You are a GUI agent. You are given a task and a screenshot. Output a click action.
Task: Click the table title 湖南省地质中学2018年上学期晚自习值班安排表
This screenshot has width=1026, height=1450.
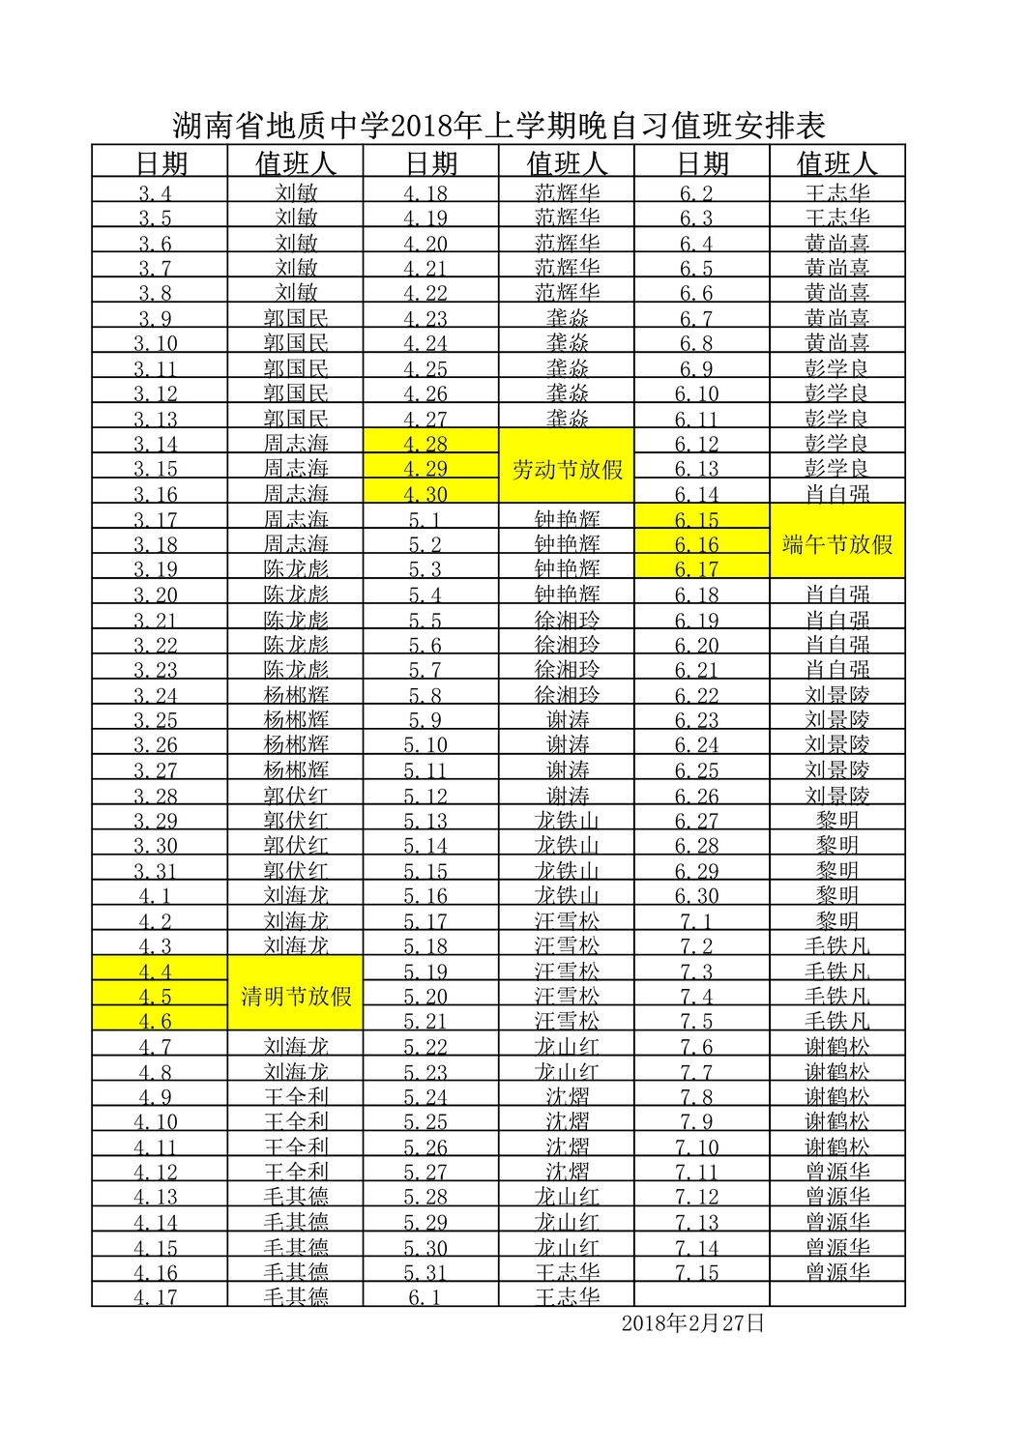499,126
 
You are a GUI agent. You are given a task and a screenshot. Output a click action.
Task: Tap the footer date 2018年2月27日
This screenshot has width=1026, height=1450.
692,1323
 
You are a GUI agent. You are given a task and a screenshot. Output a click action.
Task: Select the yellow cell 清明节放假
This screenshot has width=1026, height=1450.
296,996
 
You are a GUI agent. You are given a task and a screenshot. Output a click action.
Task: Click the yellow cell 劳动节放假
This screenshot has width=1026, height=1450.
568,469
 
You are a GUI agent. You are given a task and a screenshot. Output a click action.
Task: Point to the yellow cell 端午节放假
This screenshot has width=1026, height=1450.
837,544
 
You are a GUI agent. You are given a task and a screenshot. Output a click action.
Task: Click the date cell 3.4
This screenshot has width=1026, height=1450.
156,192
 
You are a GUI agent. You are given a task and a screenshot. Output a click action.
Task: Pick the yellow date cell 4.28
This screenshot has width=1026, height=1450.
425,444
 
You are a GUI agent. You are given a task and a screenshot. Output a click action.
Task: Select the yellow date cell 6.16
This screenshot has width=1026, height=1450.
697,544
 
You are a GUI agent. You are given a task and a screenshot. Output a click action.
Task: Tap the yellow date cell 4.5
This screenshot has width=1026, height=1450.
156,996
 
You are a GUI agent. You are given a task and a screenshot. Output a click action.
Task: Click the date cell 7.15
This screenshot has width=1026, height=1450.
697,1272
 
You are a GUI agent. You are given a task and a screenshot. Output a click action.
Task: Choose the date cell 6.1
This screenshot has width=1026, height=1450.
425,1296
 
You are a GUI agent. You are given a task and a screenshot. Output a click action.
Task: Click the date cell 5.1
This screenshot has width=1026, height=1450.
425,519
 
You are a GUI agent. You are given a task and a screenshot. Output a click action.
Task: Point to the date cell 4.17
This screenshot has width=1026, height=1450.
156,1296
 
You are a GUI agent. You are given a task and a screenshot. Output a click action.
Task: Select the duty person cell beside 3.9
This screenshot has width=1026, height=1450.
296,317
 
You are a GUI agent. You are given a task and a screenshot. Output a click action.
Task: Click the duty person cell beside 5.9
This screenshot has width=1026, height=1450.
568,719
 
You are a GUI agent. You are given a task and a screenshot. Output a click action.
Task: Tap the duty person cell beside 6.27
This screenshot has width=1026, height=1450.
837,820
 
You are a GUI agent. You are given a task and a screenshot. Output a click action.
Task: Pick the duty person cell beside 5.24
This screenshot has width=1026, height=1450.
568,1096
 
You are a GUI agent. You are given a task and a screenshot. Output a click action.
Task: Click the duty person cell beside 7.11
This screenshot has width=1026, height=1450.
837,1171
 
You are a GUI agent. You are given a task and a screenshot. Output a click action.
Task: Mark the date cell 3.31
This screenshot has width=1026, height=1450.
156,870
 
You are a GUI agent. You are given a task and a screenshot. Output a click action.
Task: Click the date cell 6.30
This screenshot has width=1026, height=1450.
697,895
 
